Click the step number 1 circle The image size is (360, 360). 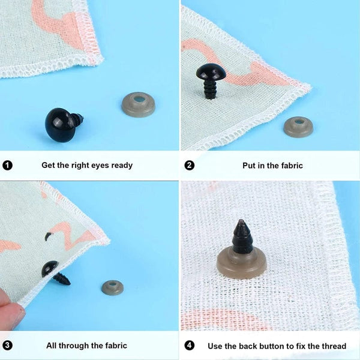[7, 165]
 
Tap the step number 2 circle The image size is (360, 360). [190, 165]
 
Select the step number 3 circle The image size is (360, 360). [7, 346]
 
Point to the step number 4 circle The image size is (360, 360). [190, 346]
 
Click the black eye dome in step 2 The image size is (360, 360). [209, 74]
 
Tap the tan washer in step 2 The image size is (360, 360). [298, 126]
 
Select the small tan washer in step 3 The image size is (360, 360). [112, 287]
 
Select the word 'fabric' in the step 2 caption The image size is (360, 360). [290, 165]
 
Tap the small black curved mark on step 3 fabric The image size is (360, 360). [48, 236]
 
